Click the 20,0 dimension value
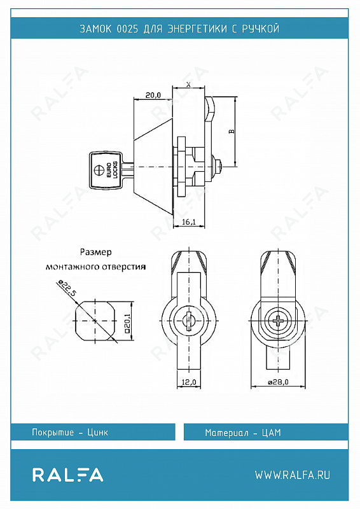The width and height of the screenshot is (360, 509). tap(153, 95)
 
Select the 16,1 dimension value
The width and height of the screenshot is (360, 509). tap(189, 221)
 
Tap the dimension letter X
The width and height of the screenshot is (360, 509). tap(189, 85)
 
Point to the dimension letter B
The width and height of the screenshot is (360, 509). tap(232, 131)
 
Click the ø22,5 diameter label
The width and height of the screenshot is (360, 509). tap(67, 288)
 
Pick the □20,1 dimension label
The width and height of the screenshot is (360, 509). tap(127, 321)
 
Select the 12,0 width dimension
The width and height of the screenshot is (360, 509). tap(189, 382)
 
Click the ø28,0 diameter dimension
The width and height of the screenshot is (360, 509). tap(278, 382)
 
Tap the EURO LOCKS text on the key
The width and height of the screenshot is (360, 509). tap(111, 170)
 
